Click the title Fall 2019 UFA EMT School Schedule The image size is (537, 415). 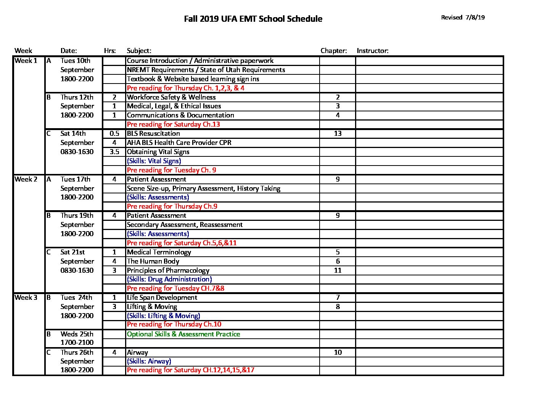coord(253,19)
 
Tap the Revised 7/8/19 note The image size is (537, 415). coord(463,17)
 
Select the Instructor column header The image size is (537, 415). coord(372,51)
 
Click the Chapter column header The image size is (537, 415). coord(333,51)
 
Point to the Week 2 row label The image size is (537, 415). coord(26,179)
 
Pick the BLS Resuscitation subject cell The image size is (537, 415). coord(153,134)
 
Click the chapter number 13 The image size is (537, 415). coord(338,134)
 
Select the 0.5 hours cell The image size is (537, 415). coord(114,134)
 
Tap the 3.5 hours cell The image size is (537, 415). coord(114,152)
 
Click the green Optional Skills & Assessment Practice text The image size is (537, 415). coord(183,334)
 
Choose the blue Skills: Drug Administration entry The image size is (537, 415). coord(169,279)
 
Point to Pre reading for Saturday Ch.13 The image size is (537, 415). coord(173,124)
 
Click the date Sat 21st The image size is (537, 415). coord(72,252)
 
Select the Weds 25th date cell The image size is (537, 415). coord(77,334)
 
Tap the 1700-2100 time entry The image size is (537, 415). coord(77,343)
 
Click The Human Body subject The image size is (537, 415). coord(153,261)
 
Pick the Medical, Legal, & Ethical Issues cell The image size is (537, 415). coord(174,106)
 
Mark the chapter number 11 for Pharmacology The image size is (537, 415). coord(338,270)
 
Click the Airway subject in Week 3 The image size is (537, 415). coord(137,352)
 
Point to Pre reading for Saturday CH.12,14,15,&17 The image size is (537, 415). coord(190,370)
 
